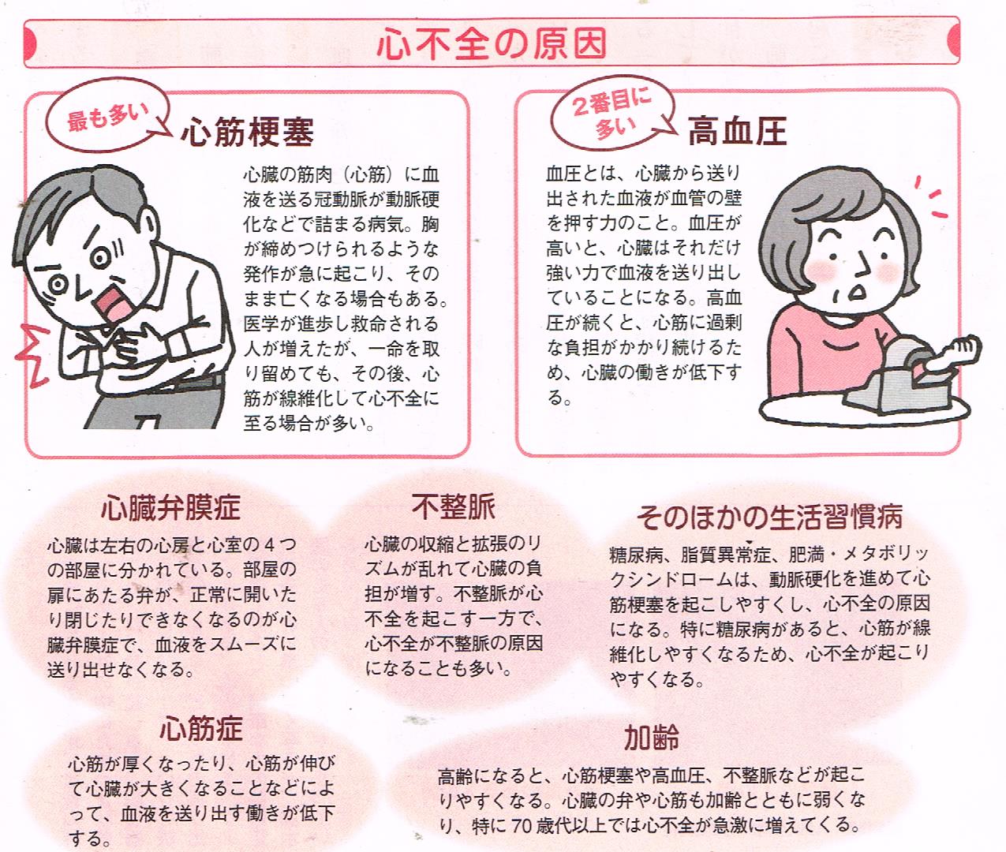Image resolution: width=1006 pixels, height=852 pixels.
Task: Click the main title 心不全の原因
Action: click(x=492, y=44)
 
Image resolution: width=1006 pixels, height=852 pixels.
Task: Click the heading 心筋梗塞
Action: click(x=247, y=132)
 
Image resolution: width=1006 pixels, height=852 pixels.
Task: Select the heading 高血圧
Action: click(x=738, y=132)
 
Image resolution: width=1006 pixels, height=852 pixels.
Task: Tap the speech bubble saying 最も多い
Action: click(x=107, y=116)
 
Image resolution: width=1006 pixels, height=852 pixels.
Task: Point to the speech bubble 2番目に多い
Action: click(x=612, y=113)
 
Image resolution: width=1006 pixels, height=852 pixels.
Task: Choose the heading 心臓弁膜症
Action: click(x=170, y=508)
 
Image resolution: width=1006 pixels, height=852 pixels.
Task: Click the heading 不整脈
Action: click(x=453, y=506)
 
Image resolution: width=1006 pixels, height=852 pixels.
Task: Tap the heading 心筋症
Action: click(x=201, y=729)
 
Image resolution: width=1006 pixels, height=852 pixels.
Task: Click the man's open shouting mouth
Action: click(x=114, y=305)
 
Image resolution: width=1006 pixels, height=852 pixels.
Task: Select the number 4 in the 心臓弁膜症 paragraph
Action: click(x=269, y=544)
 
